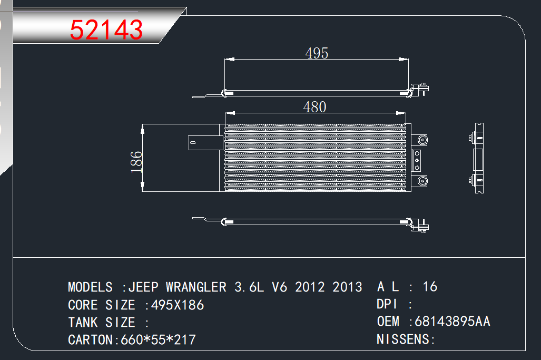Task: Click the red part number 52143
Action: [106, 30]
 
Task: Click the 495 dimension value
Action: [317, 53]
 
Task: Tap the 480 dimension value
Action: [314, 107]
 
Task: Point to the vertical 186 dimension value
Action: [136, 162]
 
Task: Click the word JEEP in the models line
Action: [143, 287]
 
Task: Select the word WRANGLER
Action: [196, 287]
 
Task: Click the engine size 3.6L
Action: [249, 287]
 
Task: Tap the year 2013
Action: [347, 287]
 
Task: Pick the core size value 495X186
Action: [178, 305]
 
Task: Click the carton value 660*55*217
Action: [158, 340]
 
